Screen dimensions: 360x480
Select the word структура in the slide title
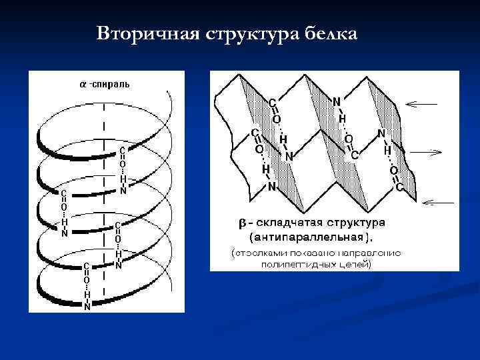pos(252,33)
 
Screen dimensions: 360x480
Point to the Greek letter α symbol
pos(83,85)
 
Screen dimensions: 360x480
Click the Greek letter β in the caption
pos(244,222)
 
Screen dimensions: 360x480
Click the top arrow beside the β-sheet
pos(421,103)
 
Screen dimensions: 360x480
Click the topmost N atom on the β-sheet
pos(337,102)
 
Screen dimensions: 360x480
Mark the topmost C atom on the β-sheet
pos(272,102)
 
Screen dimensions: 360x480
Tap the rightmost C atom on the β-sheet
pos(399,188)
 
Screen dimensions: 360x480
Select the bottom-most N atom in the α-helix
pos(87,307)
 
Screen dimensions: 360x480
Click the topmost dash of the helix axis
pos(103,107)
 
